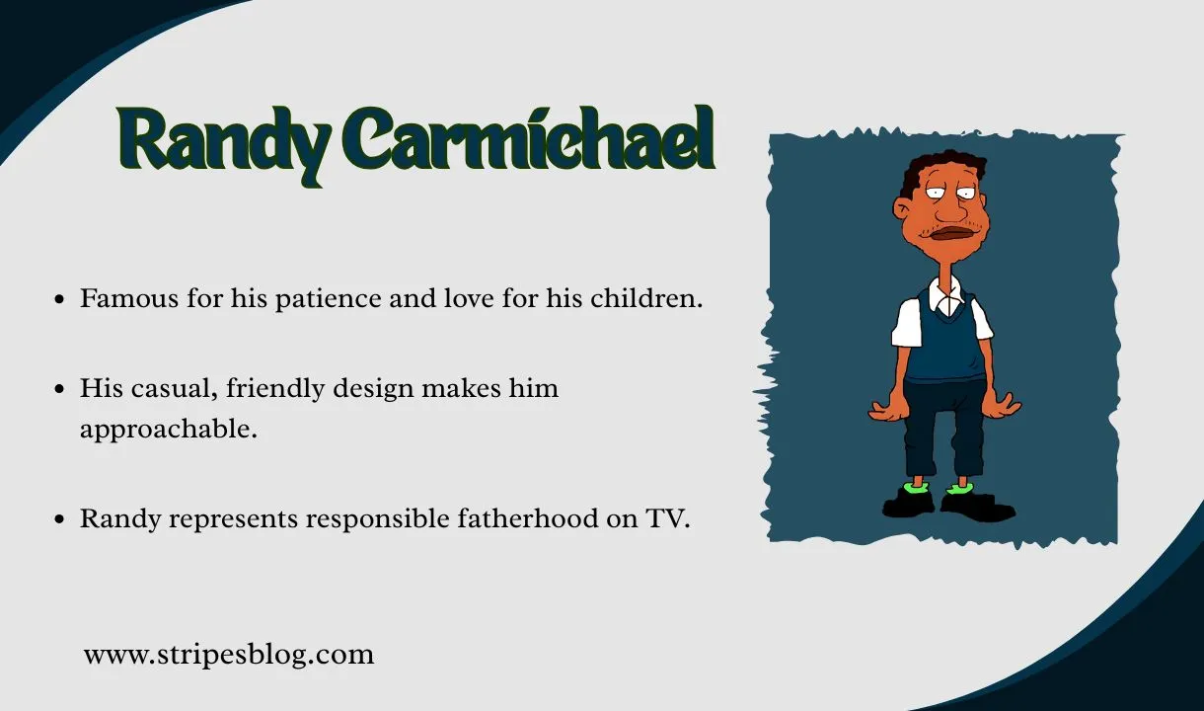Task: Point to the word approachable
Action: click(x=169, y=431)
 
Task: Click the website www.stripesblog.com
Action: click(x=229, y=654)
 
